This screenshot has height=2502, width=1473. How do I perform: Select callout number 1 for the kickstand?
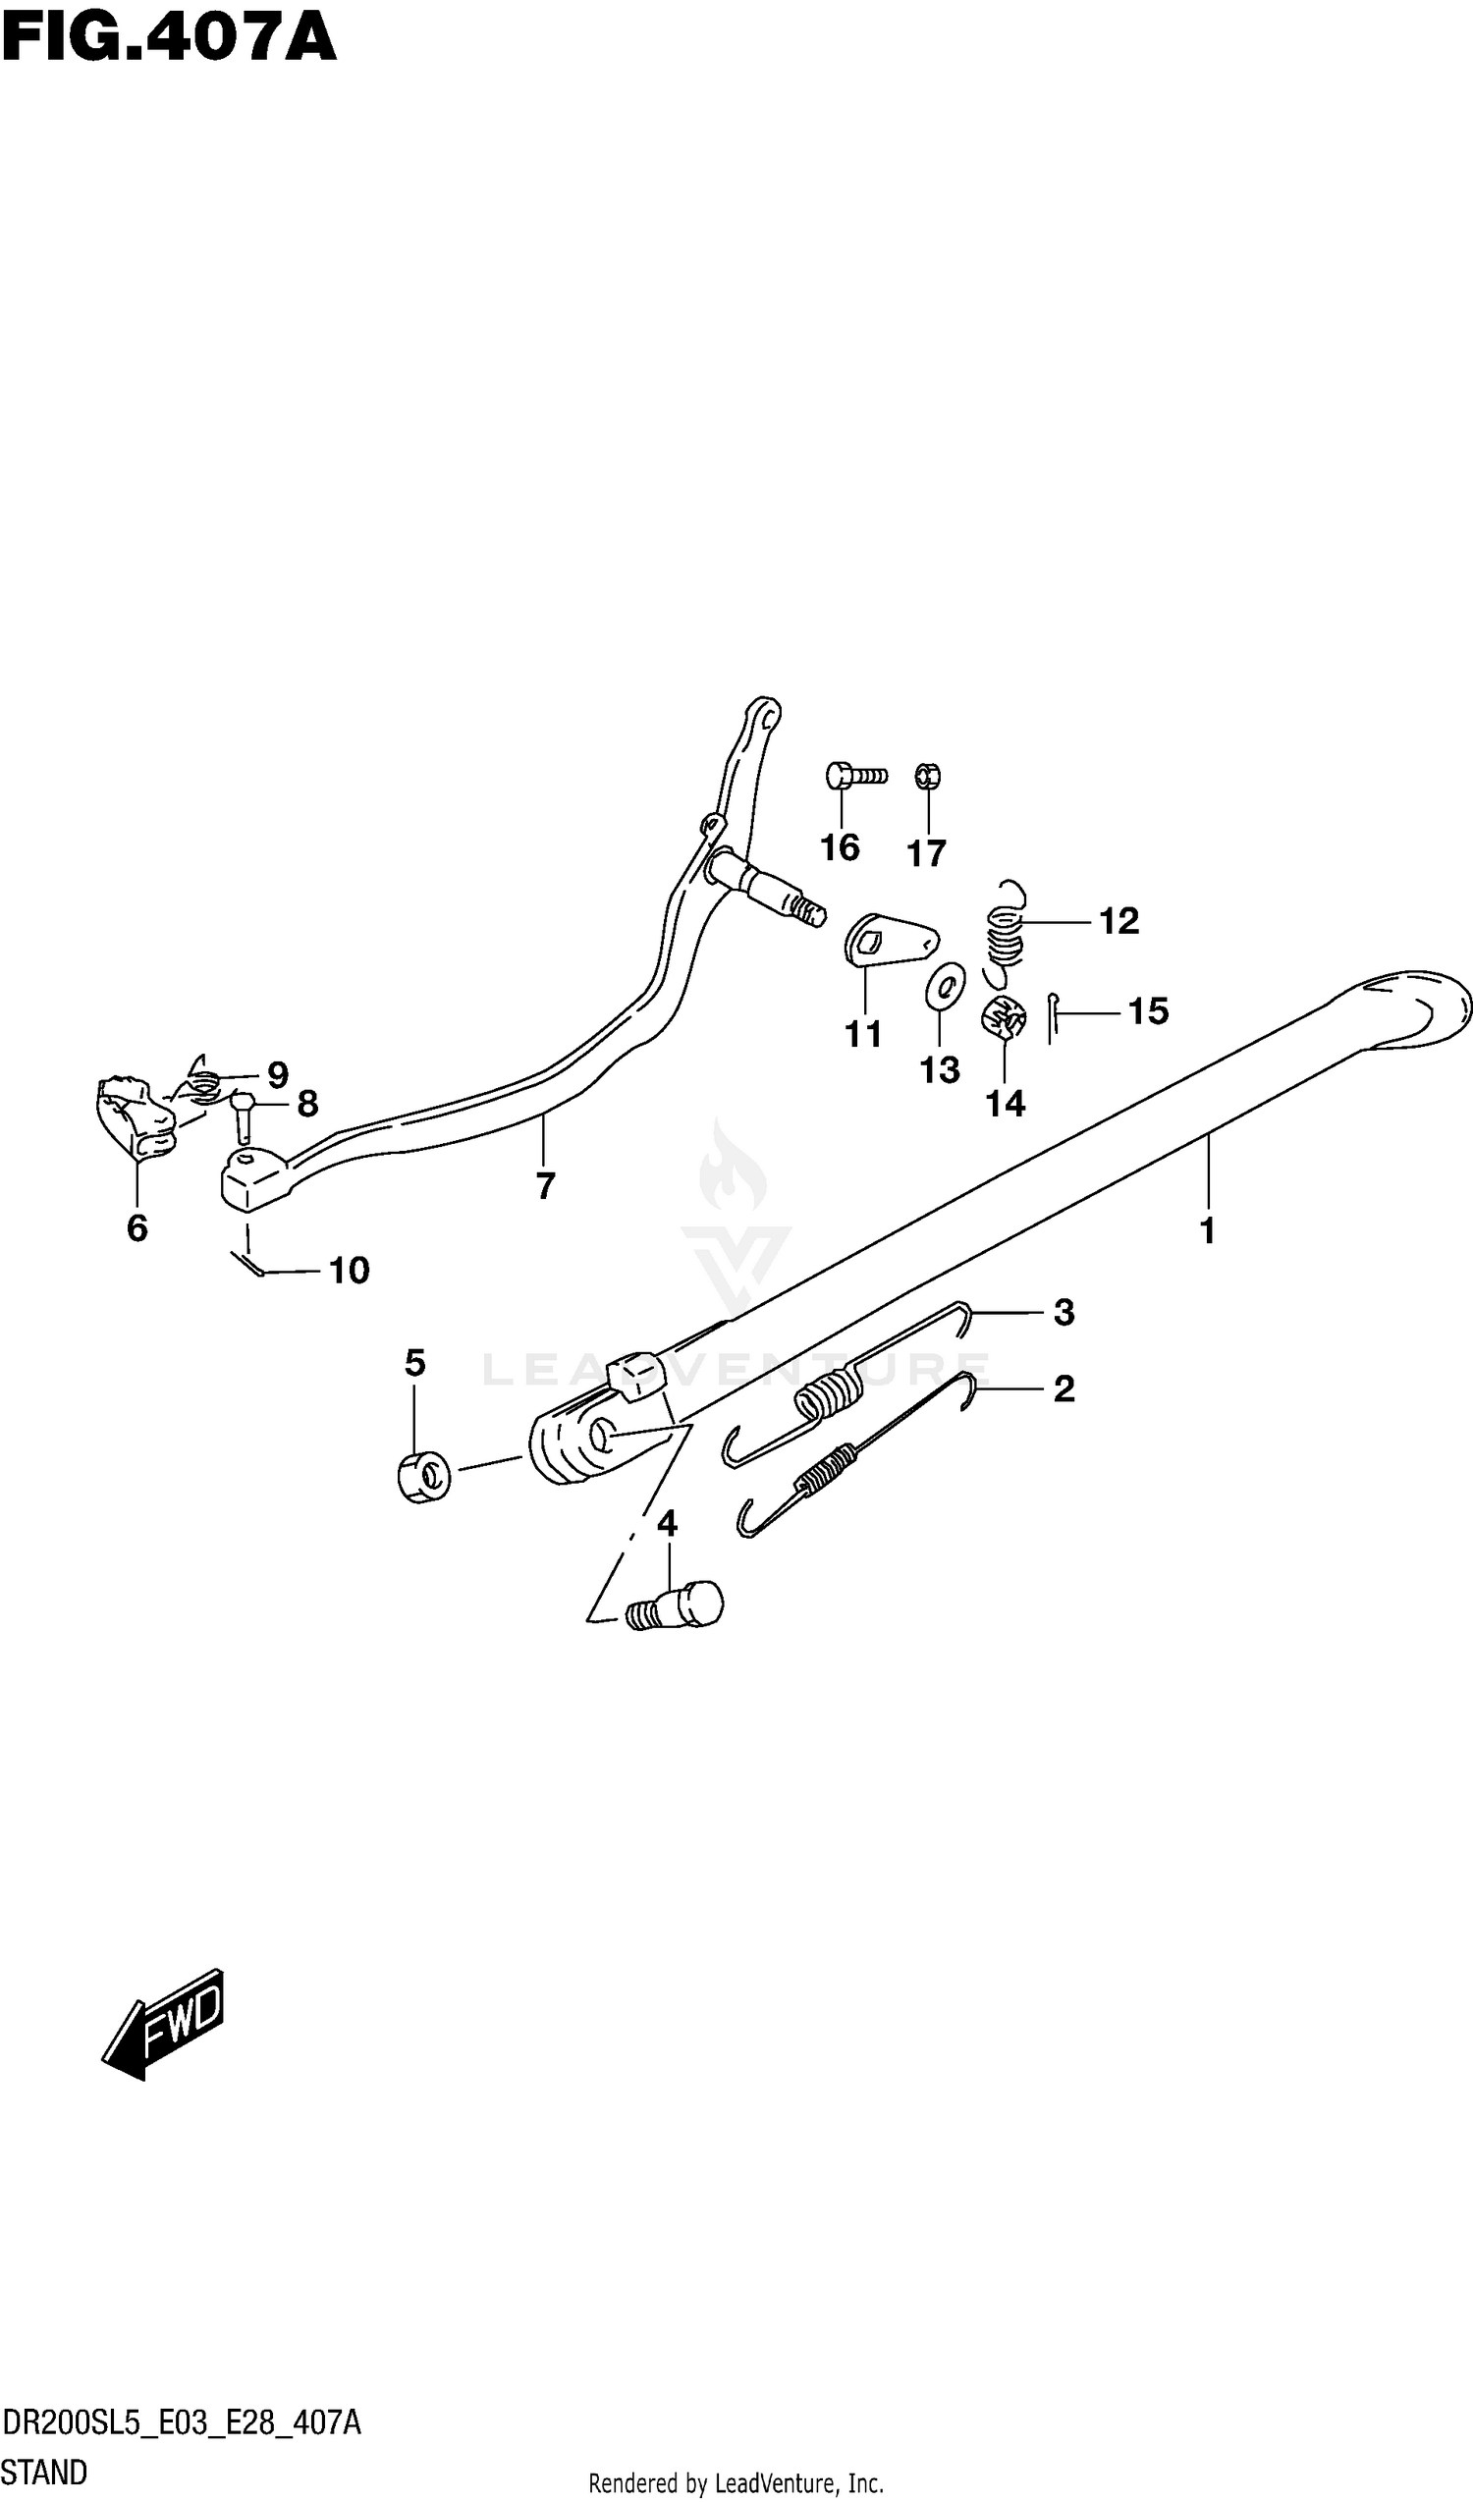(x=1207, y=1231)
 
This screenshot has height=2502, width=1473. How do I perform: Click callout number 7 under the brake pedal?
(x=545, y=1185)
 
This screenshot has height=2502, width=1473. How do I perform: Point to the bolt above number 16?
(x=854, y=776)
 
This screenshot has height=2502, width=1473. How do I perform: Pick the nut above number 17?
(x=928, y=775)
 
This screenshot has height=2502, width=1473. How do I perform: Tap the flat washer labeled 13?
(x=945, y=985)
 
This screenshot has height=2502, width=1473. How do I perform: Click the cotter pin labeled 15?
(x=1052, y=1017)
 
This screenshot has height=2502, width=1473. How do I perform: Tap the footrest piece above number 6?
(x=135, y=1117)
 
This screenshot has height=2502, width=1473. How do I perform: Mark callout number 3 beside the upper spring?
(x=1064, y=1313)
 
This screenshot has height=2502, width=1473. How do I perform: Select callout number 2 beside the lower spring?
(x=1064, y=1389)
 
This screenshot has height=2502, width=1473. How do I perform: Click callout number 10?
(x=349, y=1271)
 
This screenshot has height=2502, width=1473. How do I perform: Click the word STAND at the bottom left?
(x=44, y=2472)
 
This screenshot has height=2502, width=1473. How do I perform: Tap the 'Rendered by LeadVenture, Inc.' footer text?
(x=736, y=2483)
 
